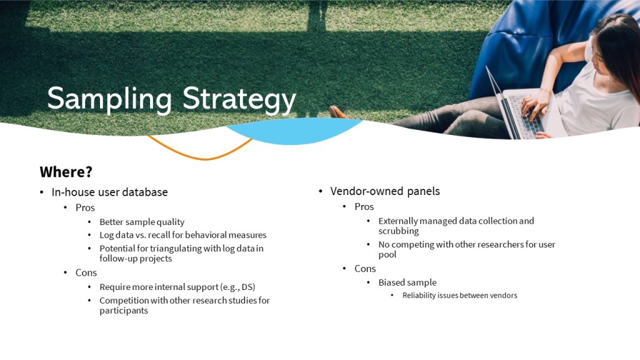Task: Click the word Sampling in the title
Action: pos(109,99)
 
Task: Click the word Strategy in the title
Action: pos(239,99)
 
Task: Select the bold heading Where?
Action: pos(66,172)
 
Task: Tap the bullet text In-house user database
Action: pos(109,192)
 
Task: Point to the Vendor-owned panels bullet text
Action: pos(385,191)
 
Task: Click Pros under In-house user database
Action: pos(85,207)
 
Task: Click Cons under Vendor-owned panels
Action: pos(365,269)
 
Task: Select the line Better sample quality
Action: pos(142,222)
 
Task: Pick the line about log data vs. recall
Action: pos(183,235)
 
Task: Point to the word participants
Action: pos(124,311)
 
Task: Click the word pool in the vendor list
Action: pos(387,255)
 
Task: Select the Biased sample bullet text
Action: pos(407,282)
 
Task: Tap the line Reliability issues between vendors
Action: pos(459,295)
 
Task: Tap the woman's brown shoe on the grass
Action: pos(338,112)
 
